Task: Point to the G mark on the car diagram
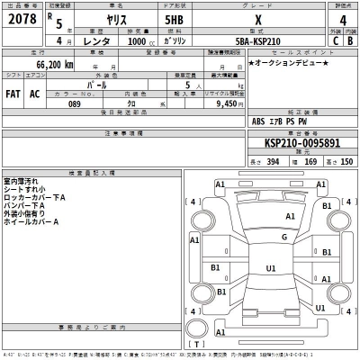click(283, 238)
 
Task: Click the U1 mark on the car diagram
click(270, 268)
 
